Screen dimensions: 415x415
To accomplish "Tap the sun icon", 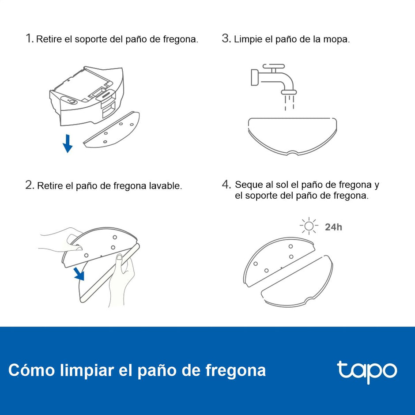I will click(x=309, y=226).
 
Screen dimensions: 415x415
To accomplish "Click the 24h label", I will click(x=333, y=227).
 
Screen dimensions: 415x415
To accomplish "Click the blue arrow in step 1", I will click(x=68, y=143).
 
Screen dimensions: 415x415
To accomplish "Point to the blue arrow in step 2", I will click(x=79, y=273).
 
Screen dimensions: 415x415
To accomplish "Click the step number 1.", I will click(x=29, y=38).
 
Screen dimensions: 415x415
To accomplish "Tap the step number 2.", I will click(x=29, y=185).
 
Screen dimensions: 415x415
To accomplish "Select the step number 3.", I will click(x=226, y=38).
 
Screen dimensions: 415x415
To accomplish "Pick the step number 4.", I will click(x=226, y=185).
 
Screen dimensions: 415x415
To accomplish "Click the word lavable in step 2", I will click(x=166, y=186).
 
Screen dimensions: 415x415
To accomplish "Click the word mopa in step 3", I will click(x=337, y=39).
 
